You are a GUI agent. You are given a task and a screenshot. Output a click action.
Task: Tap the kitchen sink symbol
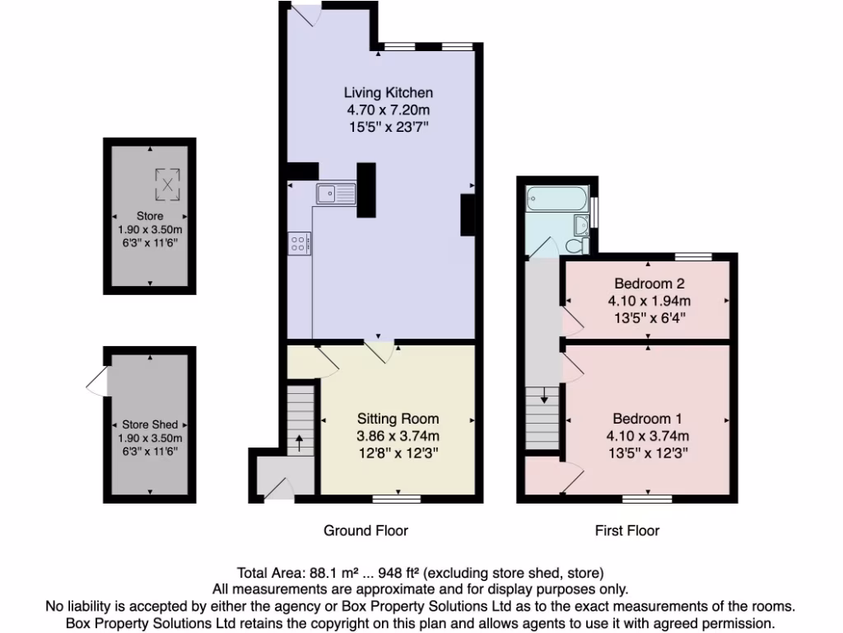[334, 195]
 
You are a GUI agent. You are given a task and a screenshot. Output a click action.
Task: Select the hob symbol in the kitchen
[299, 243]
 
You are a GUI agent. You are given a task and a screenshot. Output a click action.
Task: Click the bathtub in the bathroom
[557, 198]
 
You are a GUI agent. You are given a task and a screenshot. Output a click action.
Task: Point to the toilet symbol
[577, 245]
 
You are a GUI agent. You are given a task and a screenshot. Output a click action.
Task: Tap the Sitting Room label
[398, 419]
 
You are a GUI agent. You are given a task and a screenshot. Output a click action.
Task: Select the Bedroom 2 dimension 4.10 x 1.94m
[649, 300]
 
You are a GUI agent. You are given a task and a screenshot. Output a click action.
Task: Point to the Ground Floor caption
[366, 531]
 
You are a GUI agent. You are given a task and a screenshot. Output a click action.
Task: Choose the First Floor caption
[627, 531]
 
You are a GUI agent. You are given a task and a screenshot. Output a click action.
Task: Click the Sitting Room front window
[396, 498]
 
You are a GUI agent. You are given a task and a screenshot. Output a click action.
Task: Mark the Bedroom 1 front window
[647, 498]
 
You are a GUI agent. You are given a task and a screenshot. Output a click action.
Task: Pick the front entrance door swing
[279, 490]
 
